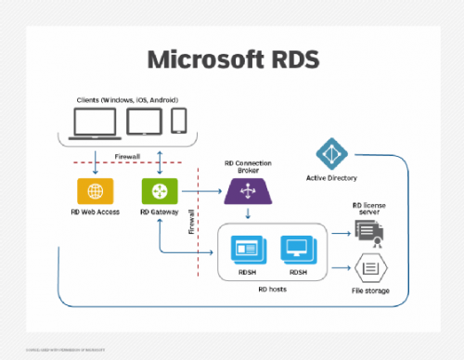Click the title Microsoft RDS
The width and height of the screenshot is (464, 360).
pyautogui.click(x=232, y=58)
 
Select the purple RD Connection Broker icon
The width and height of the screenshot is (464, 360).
pyautogui.click(x=247, y=192)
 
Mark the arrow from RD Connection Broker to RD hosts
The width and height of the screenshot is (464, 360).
pyautogui.click(x=247, y=214)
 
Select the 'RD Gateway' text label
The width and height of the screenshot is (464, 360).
pyautogui.click(x=159, y=212)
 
